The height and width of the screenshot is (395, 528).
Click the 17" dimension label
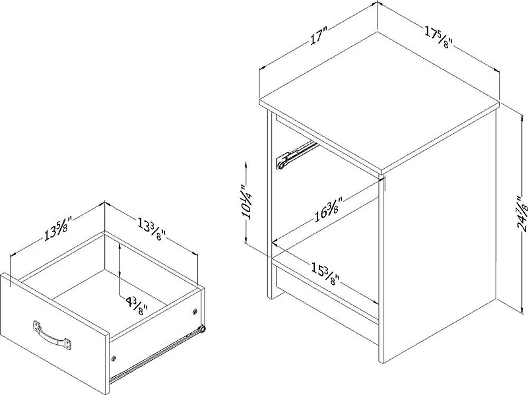pos(318,36)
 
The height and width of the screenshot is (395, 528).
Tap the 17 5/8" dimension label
pos(438,38)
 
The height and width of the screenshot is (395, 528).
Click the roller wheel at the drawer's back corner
pos(202,330)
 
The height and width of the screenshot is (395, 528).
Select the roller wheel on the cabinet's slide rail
pos(280,166)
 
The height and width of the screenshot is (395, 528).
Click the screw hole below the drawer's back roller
pos(195,312)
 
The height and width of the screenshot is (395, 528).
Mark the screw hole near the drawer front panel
pos(114,358)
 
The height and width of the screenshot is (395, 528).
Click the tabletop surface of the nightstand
pos(378,100)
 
